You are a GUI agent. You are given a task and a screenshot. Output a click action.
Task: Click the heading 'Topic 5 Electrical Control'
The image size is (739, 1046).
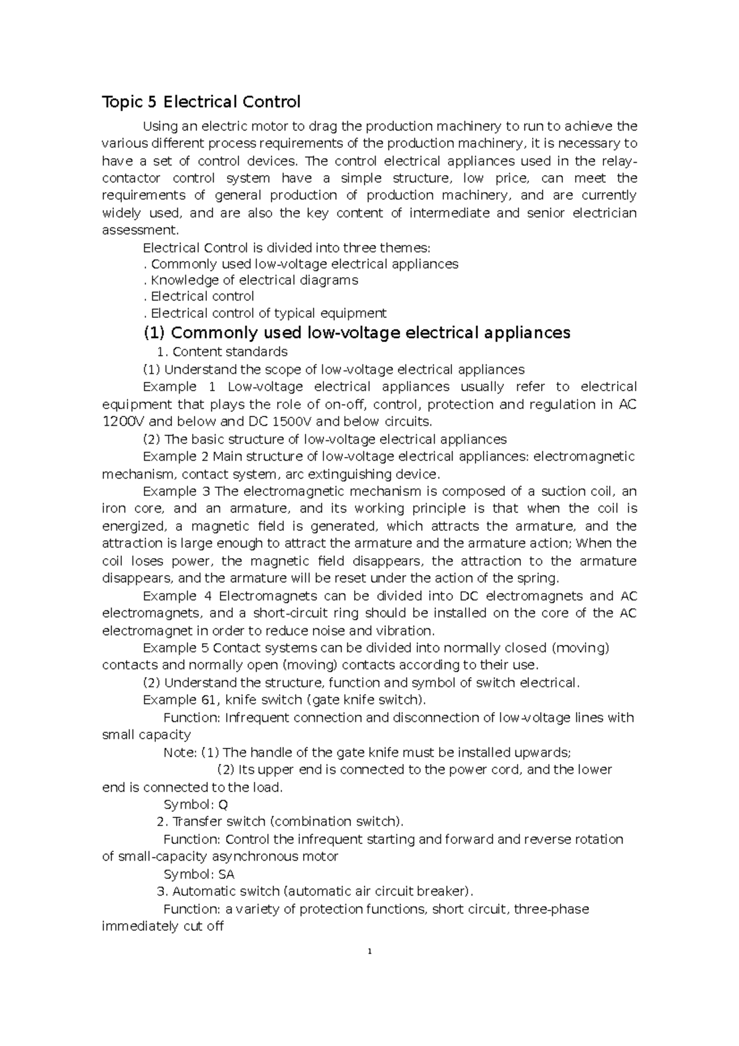pyautogui.click(x=201, y=102)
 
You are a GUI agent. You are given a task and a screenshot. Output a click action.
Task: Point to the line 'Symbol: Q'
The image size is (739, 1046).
pyautogui.click(x=196, y=805)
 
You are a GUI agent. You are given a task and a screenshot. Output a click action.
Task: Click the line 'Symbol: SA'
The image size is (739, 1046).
pyautogui.click(x=199, y=874)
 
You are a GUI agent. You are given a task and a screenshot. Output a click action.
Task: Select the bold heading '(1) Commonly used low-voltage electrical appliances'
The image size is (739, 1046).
pyautogui.click(x=357, y=333)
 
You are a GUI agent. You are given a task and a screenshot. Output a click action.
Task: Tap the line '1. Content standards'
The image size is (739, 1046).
pyautogui.click(x=222, y=352)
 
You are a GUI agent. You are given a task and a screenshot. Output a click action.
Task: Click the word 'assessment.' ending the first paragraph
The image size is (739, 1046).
pyautogui.click(x=140, y=230)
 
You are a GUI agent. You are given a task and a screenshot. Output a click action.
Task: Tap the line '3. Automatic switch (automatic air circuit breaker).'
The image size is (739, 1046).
pyautogui.click(x=316, y=891)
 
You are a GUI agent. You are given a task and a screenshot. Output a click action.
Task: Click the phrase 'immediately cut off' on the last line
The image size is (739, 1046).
pyautogui.click(x=163, y=926)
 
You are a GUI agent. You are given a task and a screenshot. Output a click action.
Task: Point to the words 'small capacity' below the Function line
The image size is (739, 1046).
pyautogui.click(x=146, y=735)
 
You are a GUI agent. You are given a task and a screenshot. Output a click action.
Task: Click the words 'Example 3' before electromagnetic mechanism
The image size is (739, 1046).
pyautogui.click(x=177, y=492)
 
